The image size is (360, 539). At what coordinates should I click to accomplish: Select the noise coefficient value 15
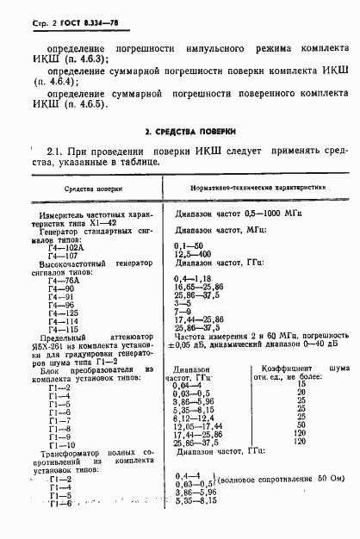301,384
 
